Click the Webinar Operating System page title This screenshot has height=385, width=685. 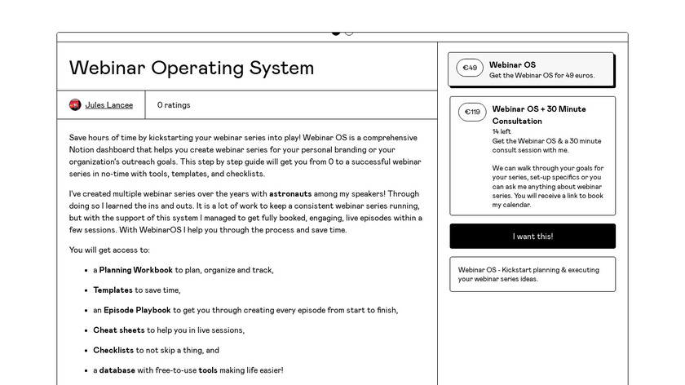192,68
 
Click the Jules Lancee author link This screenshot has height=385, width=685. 108,105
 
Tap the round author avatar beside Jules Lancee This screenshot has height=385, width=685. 75,105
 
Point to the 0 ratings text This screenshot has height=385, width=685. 174,105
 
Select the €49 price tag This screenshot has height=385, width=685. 470,68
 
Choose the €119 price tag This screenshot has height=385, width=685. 472,112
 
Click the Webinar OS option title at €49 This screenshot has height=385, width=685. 512,64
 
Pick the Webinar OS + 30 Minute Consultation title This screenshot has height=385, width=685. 538,114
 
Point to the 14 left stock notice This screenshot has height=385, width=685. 502,131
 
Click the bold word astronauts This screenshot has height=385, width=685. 290,194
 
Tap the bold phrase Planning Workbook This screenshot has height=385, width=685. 136,270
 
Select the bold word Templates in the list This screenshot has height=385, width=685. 113,290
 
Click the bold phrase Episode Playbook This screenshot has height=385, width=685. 137,310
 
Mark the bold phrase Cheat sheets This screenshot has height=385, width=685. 118,330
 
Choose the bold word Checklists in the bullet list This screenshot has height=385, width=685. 113,350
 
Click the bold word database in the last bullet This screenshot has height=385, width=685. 117,370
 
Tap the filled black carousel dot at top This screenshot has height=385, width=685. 336,33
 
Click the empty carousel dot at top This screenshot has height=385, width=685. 349,33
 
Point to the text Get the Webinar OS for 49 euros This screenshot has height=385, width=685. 541,76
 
